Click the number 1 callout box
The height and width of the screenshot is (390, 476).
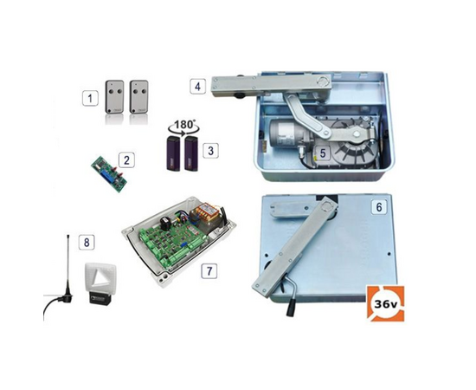pyautogui.click(x=90, y=98)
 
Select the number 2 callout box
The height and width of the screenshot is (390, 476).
pyautogui.click(x=126, y=160)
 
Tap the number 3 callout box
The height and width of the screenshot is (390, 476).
pyautogui.click(x=210, y=150)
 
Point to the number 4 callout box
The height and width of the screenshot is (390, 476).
pyautogui.click(x=198, y=86)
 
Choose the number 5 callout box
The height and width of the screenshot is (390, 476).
pyautogui.click(x=323, y=153)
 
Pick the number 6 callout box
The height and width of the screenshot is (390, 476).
pyautogui.click(x=379, y=207)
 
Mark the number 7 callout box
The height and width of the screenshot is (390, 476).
pyautogui.click(x=209, y=271)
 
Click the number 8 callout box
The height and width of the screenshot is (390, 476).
pyautogui.click(x=87, y=243)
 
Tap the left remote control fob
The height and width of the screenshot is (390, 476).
pyautogui.click(x=114, y=97)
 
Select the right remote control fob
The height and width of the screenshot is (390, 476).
pyautogui.click(x=138, y=97)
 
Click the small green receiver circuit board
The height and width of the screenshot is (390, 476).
pyautogui.click(x=109, y=175)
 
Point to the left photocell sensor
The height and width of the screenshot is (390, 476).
pyautogui.click(x=173, y=153)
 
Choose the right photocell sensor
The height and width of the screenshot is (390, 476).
pyautogui.click(x=191, y=153)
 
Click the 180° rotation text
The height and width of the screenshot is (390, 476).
pyautogui.click(x=183, y=125)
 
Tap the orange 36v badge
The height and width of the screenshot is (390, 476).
pyautogui.click(x=385, y=303)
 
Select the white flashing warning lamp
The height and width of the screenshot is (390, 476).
pyautogui.click(x=100, y=283)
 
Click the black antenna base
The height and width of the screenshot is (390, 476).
pyautogui.click(x=68, y=298)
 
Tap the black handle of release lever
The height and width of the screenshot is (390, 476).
pyautogui.click(x=291, y=309)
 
